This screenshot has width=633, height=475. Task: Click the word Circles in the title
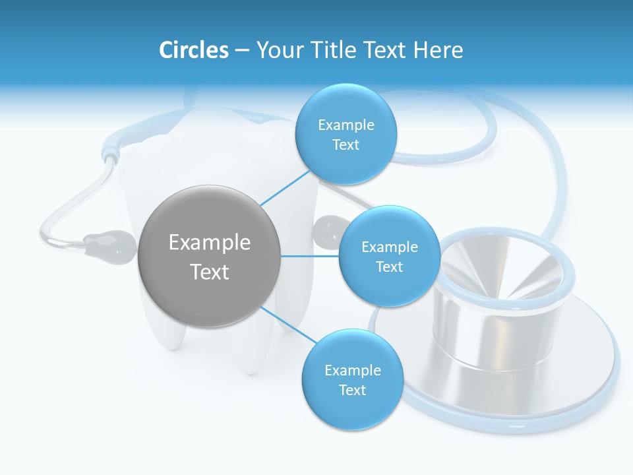(x=193, y=49)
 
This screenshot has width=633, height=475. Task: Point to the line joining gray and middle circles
(x=309, y=256)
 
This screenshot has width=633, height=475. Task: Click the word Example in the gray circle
(x=210, y=243)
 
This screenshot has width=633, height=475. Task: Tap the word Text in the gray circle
(x=210, y=272)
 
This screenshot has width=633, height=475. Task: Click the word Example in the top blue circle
(x=346, y=125)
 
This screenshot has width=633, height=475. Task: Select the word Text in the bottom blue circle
(x=352, y=390)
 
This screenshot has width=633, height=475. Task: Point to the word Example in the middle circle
(x=390, y=247)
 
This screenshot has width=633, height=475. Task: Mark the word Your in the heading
(x=275, y=49)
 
